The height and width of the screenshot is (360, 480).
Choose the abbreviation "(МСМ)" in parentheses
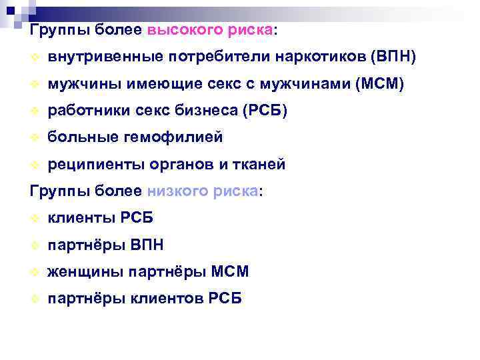point(379,84)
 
